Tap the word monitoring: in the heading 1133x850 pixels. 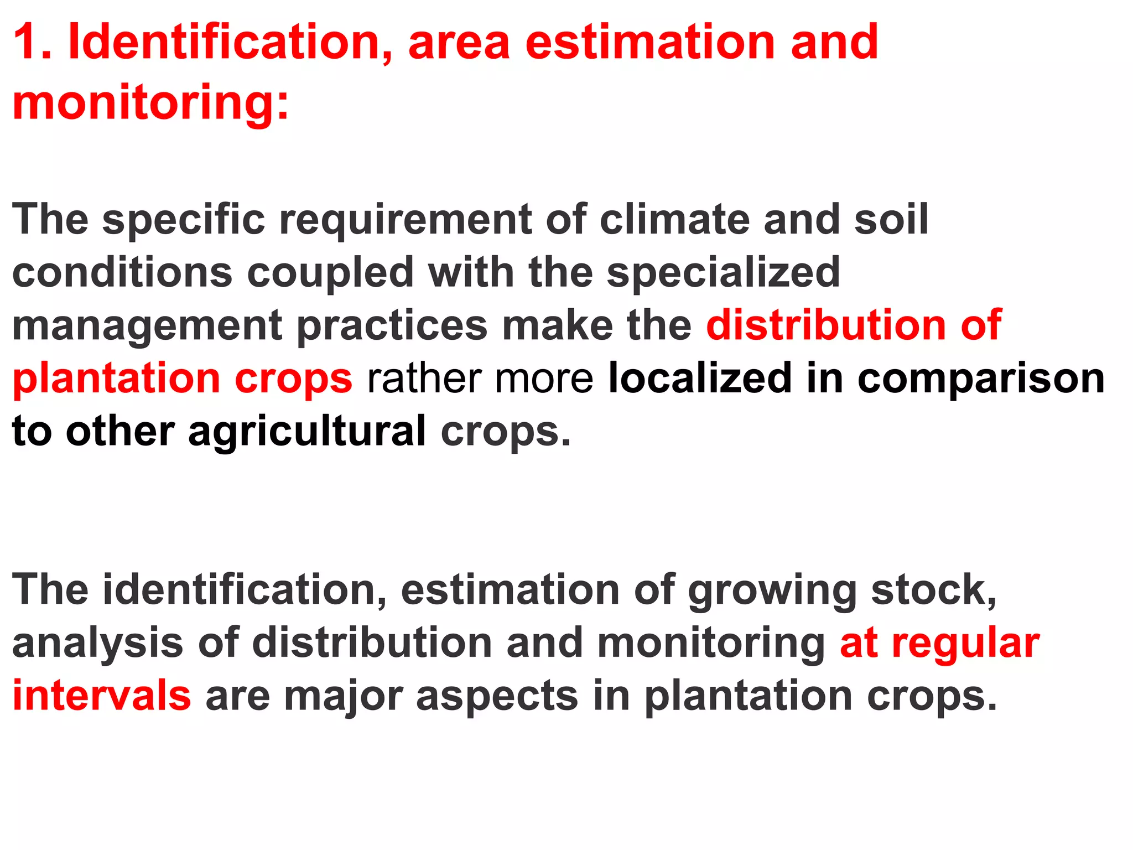click(x=150, y=102)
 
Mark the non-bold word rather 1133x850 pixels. click(x=424, y=379)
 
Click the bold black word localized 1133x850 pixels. click(x=700, y=379)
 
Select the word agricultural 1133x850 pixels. click(x=307, y=432)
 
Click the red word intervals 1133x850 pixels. click(x=102, y=696)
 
